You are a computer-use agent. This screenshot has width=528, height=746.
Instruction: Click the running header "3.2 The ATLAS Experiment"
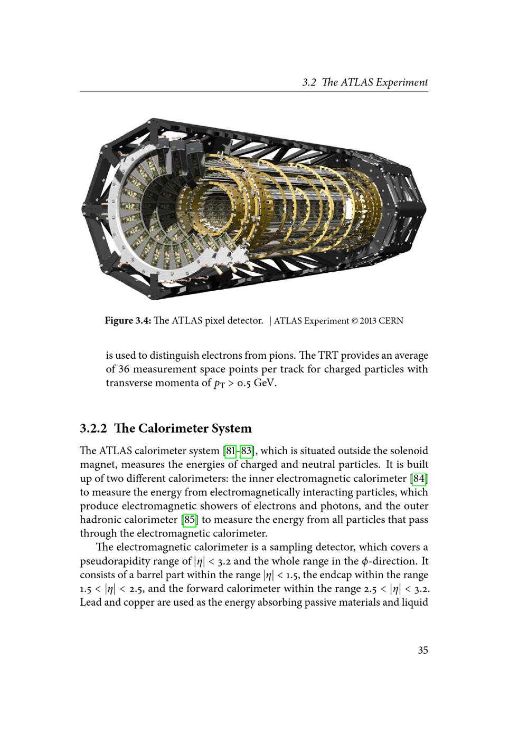365,82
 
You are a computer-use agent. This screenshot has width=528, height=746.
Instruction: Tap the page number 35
423,650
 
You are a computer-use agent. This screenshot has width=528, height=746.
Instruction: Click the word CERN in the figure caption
391,321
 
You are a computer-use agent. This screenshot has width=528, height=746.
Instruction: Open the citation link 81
230,451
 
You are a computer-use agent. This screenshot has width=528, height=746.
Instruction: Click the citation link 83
246,451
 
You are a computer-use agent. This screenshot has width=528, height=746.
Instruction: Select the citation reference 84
419,479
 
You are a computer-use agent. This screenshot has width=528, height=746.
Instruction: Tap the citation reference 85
189,520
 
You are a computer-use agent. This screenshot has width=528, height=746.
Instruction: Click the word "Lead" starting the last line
90,602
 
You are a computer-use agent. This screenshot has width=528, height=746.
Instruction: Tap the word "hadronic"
101,520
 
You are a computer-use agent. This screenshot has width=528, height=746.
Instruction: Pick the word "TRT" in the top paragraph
328,356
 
